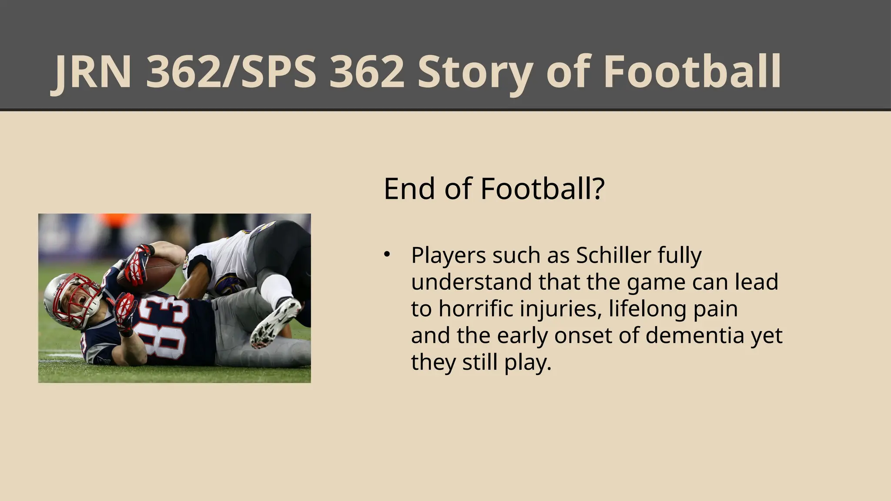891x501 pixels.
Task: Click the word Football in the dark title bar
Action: pos(692,72)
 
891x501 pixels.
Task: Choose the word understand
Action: pos(472,282)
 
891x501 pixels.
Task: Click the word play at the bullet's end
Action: pos(527,363)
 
